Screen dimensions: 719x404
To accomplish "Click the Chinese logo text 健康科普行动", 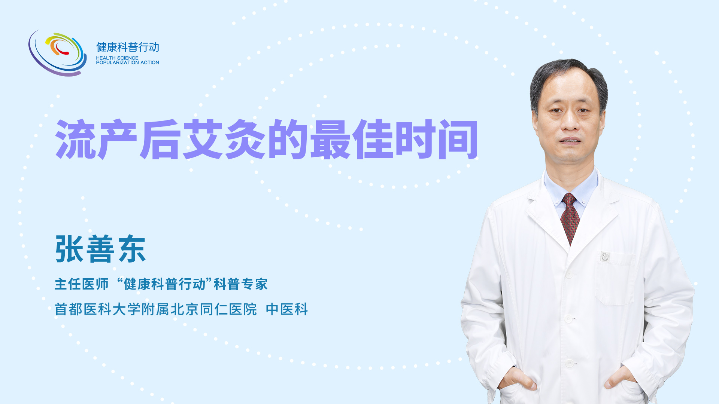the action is [x=128, y=47].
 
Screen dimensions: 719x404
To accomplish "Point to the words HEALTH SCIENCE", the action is [x=117, y=58].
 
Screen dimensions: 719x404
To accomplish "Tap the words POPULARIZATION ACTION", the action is [x=127, y=62].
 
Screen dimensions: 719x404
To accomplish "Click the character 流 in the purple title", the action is [x=76, y=139].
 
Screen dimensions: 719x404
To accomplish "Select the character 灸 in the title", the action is [x=245, y=139].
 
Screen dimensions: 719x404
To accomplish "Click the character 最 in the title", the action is [x=330, y=139].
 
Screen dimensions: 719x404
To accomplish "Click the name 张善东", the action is [x=100, y=249].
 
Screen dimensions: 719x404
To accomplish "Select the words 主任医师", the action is [x=82, y=284].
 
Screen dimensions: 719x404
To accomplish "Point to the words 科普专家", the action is [x=241, y=284].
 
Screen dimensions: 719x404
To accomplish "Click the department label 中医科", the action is [x=287, y=309].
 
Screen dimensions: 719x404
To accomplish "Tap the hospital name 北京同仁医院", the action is [x=214, y=309].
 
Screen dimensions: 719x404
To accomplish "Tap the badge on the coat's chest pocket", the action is [x=605, y=257].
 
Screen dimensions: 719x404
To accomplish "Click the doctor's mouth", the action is [x=570, y=141].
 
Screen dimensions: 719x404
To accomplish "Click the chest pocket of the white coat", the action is [x=615, y=279].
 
